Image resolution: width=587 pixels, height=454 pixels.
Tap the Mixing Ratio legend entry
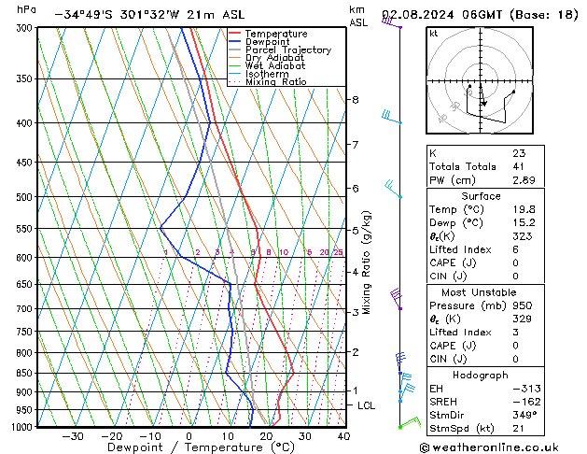coord(275,82)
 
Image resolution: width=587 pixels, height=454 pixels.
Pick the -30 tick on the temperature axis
coord(72,435)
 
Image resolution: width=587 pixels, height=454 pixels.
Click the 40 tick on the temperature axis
coord(343,435)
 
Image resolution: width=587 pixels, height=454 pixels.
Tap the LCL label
coord(366,405)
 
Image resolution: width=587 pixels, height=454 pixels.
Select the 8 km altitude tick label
coord(355,99)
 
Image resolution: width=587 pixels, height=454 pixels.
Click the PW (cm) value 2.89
coord(524,179)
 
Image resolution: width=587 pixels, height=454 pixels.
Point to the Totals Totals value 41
coord(520,165)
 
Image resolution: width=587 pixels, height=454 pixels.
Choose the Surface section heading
coord(482,196)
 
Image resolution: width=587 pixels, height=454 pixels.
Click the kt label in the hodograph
coord(433,34)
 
